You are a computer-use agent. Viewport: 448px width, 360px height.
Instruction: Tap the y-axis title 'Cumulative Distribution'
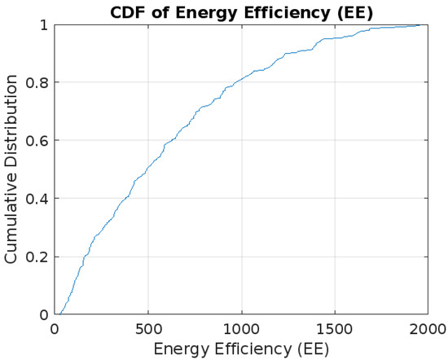pyautogui.click(x=11, y=169)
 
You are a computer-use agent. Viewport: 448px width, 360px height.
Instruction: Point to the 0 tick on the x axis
pyautogui.click(x=54, y=327)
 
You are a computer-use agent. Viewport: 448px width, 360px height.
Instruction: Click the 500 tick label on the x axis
pyautogui.click(x=147, y=327)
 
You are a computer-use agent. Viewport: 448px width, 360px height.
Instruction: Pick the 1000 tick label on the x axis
pyautogui.click(x=241, y=327)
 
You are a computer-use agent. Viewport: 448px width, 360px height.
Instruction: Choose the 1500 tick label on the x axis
pyautogui.click(x=335, y=327)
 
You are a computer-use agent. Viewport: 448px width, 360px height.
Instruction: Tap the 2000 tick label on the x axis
pyautogui.click(x=428, y=327)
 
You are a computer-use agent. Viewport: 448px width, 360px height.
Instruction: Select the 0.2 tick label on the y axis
pyautogui.click(x=37, y=257)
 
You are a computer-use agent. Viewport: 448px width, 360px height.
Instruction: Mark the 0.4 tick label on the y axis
pyautogui.click(x=37, y=199)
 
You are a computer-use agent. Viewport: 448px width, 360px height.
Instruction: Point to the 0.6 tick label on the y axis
pyautogui.click(x=37, y=141)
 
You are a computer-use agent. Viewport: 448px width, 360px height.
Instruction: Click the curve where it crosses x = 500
pyautogui.click(x=147, y=170)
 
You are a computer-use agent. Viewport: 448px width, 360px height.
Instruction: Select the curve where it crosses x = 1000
pyautogui.click(x=241, y=80)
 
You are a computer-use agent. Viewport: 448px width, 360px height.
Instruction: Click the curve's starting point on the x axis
pyautogui.click(x=59, y=314)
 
